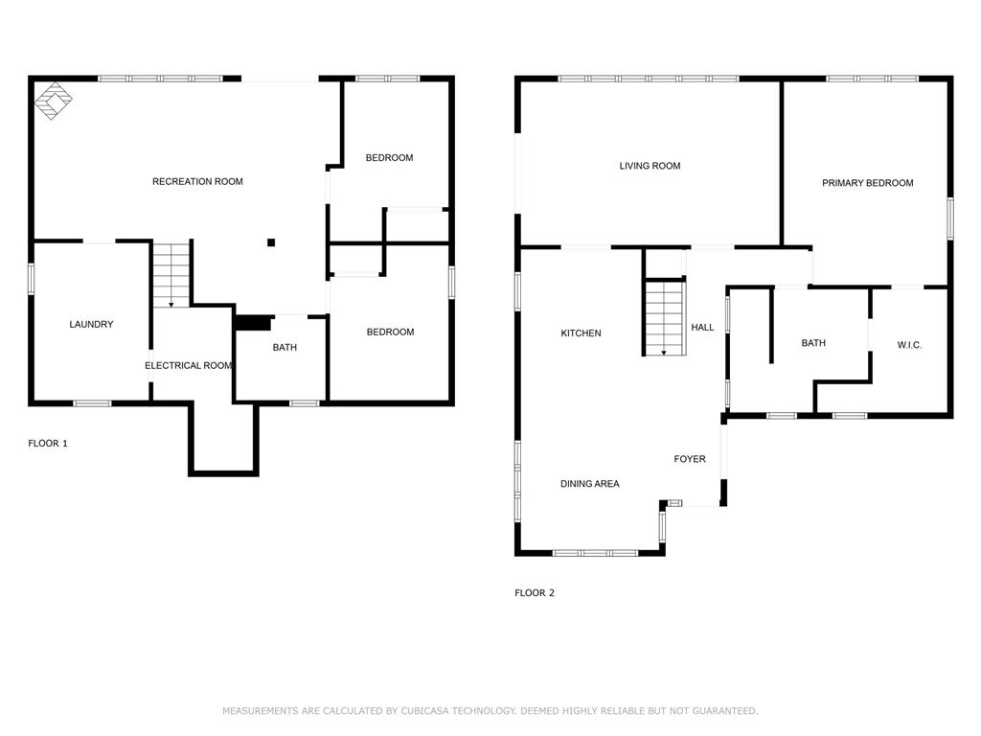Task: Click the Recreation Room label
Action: pos(197,181)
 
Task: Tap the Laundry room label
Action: pos(91,324)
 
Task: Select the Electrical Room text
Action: pos(189,365)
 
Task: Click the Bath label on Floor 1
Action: pos(285,347)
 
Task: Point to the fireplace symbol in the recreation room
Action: pos(54,101)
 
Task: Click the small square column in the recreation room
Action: pos(271,242)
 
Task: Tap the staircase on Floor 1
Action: pos(171,275)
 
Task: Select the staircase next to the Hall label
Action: pos(665,318)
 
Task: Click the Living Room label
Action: pos(650,166)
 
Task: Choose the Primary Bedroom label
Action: pos(868,183)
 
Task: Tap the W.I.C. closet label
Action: pos(910,345)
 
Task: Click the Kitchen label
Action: pos(582,333)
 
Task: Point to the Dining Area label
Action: pos(590,484)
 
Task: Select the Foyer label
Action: pos(690,459)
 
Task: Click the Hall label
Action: pos(702,327)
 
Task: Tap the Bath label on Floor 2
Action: pos(813,343)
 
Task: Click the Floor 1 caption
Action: pos(48,443)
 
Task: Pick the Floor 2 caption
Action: pos(535,592)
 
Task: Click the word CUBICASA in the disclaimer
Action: pos(424,711)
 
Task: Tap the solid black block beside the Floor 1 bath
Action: pos(252,323)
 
